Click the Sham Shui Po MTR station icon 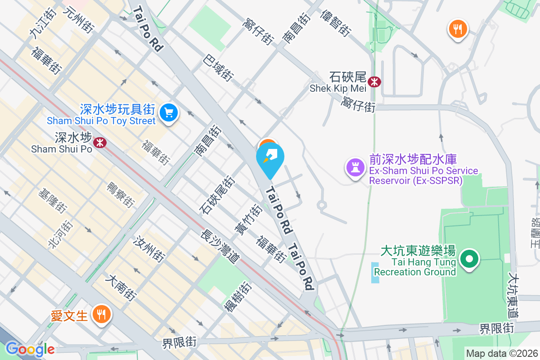pos(99,143)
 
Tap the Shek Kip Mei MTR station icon pos(374,82)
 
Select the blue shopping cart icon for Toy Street pos(169,112)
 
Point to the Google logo pos(30,349)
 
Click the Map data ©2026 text pos(502,353)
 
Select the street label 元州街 pos(78,19)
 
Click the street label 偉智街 pos(335,23)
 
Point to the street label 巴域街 pos(218,67)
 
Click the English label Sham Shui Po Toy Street pos(101,121)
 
